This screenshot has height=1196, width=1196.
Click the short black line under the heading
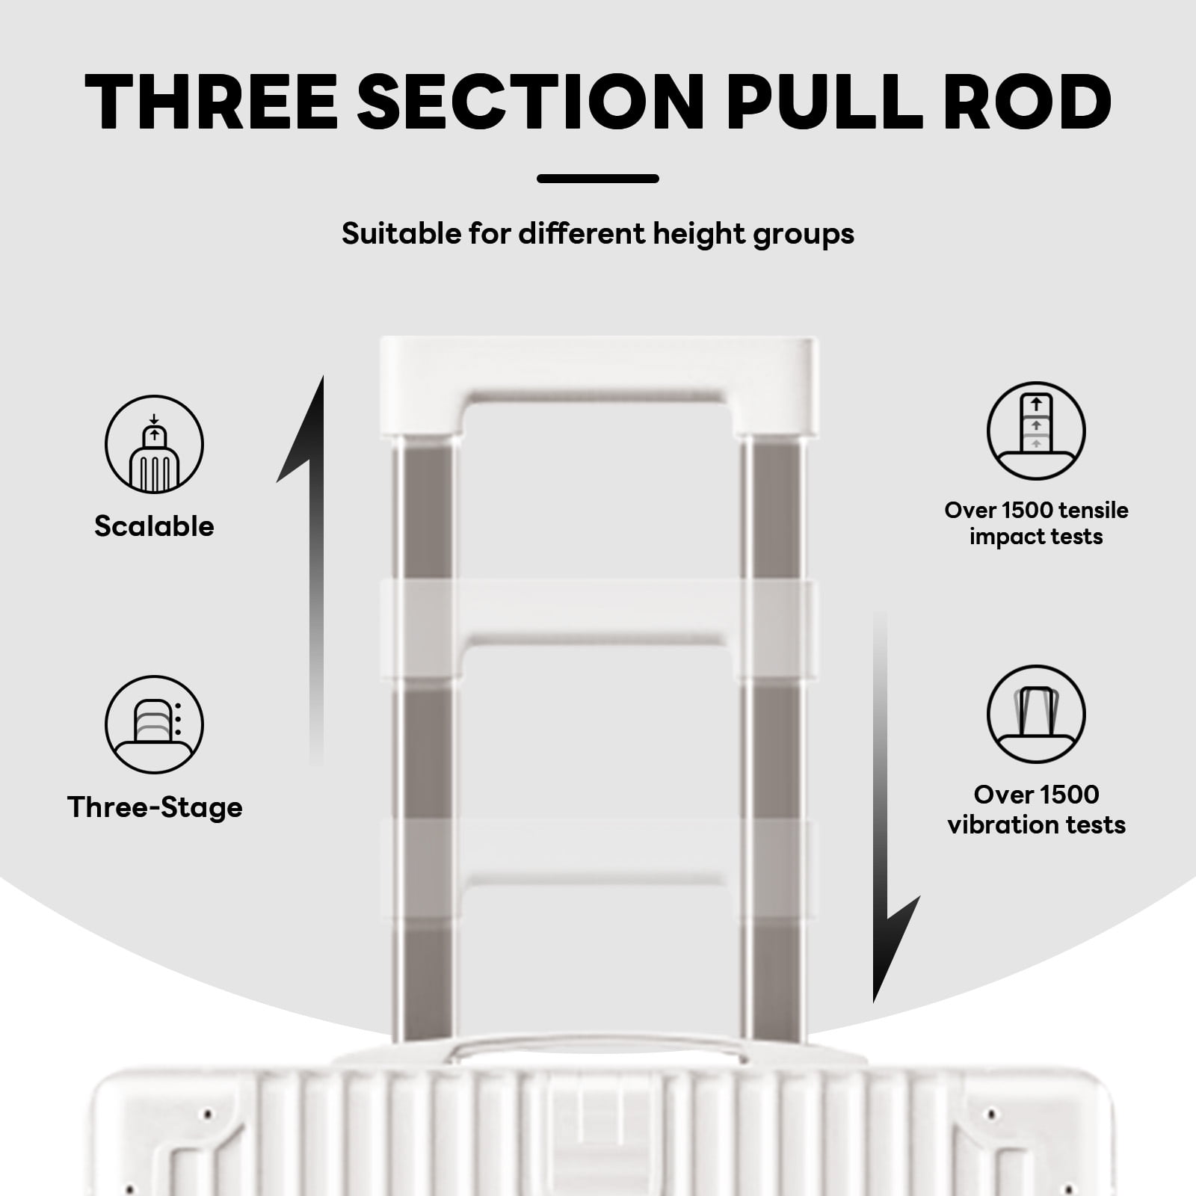point(598,179)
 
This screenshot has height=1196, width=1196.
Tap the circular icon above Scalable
point(154,444)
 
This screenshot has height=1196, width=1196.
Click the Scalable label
point(154,526)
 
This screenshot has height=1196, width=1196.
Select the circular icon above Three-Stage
point(154,724)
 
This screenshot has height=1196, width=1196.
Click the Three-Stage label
point(155,808)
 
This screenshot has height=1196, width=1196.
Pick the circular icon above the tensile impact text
point(1036,431)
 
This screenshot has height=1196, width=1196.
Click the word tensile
point(1091,511)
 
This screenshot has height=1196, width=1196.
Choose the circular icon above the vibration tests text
point(1036,714)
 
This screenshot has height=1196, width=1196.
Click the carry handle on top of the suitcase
point(598,1044)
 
